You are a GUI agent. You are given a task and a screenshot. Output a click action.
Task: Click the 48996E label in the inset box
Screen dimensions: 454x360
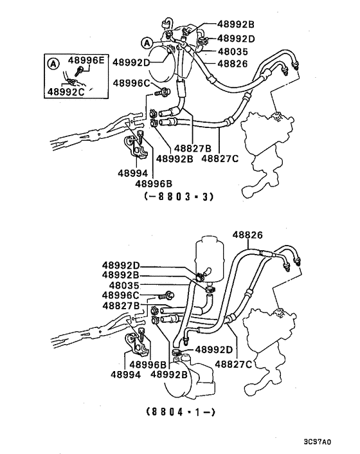click(88, 60)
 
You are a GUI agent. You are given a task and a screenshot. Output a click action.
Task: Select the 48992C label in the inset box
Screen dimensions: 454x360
click(66, 92)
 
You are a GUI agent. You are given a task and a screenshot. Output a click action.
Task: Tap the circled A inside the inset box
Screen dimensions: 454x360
click(52, 62)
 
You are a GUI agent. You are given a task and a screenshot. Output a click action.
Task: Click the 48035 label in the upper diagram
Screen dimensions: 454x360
click(231, 51)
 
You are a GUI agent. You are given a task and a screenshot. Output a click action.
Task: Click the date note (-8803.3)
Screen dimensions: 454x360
click(178, 197)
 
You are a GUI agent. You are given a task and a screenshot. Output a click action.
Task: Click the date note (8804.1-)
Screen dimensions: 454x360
click(178, 411)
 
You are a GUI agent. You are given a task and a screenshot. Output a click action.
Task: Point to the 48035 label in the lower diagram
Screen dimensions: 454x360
click(125, 285)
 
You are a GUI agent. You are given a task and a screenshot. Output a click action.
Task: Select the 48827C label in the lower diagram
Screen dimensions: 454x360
click(233, 363)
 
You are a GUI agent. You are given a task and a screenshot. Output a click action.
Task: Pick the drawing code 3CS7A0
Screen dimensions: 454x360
click(317, 442)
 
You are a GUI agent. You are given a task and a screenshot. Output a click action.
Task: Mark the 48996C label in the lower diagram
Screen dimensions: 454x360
click(125, 295)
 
